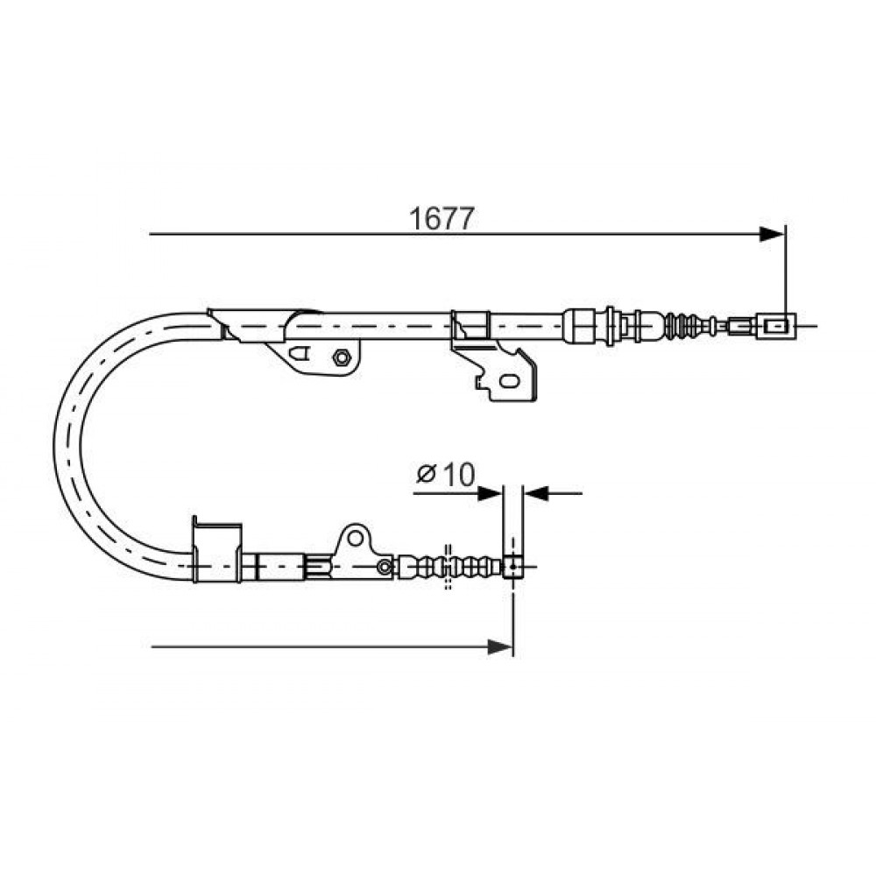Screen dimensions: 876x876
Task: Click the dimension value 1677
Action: coord(442,218)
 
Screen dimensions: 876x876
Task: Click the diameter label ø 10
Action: coord(445,475)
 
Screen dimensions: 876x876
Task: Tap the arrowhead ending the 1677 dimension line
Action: coord(772,235)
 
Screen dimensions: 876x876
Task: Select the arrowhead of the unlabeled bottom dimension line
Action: coord(500,647)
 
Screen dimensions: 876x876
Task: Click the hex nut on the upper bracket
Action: coord(341,357)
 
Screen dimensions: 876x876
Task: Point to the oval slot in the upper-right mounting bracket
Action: coord(509,382)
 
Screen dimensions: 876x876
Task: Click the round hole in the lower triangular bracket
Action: coord(356,539)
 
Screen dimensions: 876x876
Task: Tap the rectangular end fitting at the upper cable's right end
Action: coord(776,326)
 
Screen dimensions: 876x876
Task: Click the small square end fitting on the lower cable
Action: coord(512,567)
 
